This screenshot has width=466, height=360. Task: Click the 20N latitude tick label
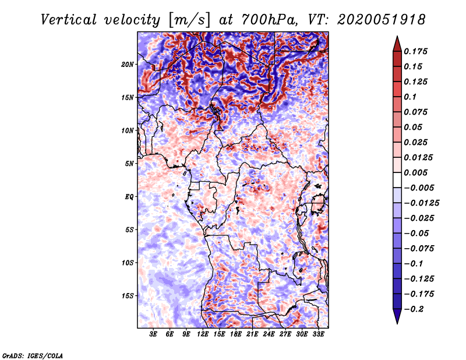(x=128, y=64)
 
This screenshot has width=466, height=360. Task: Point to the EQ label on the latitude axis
(x=129, y=197)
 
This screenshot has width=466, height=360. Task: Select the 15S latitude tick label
(x=128, y=296)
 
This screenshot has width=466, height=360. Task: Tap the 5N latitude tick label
(x=129, y=164)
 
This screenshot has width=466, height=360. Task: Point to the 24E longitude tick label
(x=269, y=335)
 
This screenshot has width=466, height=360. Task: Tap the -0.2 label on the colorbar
(x=417, y=309)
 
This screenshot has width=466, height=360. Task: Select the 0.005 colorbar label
(x=417, y=172)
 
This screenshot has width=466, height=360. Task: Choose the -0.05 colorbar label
(x=419, y=233)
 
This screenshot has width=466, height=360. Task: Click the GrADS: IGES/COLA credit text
(x=33, y=355)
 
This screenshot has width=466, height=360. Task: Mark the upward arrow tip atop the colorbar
(x=397, y=38)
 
